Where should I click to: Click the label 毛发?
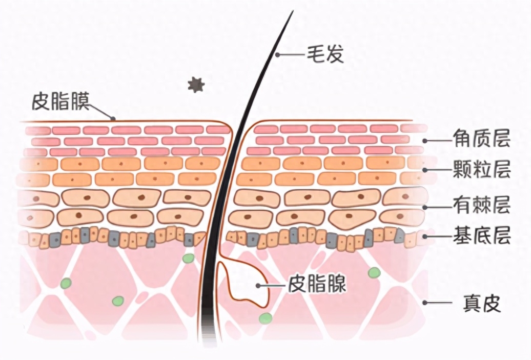325,54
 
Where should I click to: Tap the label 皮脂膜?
60,101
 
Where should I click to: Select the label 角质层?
482,138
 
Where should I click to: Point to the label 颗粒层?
482,169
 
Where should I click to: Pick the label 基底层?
482,234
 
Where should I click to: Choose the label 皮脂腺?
317,284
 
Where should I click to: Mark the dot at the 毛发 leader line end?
277,54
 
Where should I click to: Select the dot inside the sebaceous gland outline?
258,286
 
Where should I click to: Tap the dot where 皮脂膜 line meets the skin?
113,118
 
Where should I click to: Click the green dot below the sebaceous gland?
265,318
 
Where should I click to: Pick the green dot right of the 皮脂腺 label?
374,272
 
